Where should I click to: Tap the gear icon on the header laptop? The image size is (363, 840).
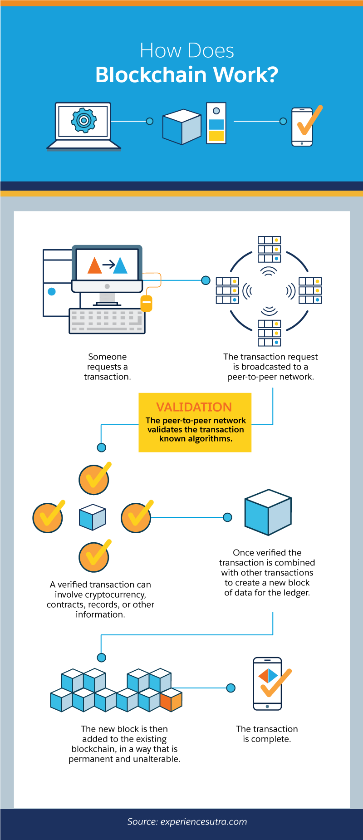(x=83, y=120)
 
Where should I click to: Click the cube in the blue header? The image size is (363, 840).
(x=181, y=127)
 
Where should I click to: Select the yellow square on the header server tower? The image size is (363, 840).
(x=216, y=136)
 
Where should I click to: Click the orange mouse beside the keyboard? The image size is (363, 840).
(x=146, y=303)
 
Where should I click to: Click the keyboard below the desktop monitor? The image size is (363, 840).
(x=107, y=321)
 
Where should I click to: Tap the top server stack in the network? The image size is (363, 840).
(x=269, y=249)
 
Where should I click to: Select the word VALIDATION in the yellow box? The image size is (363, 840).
(x=194, y=407)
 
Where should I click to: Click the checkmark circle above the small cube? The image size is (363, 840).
(x=94, y=479)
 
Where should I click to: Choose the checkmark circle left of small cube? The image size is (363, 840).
(x=48, y=518)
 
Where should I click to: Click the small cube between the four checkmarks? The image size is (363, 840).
(x=93, y=517)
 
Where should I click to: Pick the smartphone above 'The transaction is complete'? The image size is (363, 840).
(x=267, y=683)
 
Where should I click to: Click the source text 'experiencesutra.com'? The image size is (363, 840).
(x=204, y=822)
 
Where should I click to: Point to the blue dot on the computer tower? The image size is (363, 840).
(x=52, y=291)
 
